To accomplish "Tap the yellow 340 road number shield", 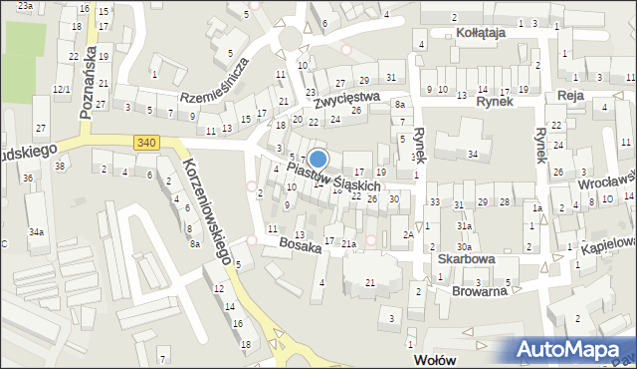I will pyautogui.click(x=147, y=144).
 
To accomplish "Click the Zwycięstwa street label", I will pyautogui.click(x=346, y=98).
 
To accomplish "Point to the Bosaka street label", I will pyautogui.click(x=300, y=244).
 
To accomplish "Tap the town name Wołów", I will pyautogui.click(x=434, y=358).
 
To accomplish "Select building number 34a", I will pyautogui.click(x=36, y=232).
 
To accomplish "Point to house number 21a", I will pyautogui.click(x=348, y=244).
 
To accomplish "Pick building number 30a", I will pyautogui.click(x=464, y=246).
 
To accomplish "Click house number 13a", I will pyautogui.click(x=298, y=234).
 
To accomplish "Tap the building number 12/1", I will pyautogui.click(x=61, y=90).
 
